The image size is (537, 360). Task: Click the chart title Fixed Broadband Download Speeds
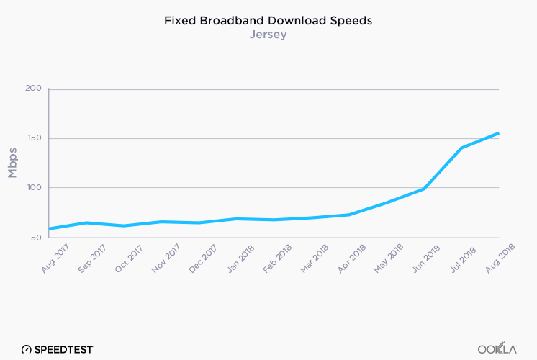[268, 21]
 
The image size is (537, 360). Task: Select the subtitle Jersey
[268, 35]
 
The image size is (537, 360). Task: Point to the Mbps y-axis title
[13, 163]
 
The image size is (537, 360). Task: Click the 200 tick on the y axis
[34, 89]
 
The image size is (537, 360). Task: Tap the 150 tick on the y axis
[34, 138]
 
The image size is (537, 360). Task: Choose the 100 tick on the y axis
[34, 188]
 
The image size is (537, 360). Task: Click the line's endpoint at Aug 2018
[498, 133]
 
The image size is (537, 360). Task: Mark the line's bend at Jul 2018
[461, 148]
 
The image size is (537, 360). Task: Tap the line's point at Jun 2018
[423, 189]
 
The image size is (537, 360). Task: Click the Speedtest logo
[58, 348]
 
